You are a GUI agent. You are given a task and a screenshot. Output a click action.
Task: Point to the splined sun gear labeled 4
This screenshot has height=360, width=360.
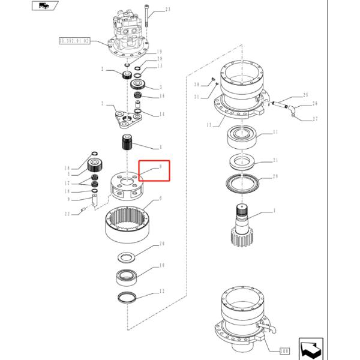pos(127,144)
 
